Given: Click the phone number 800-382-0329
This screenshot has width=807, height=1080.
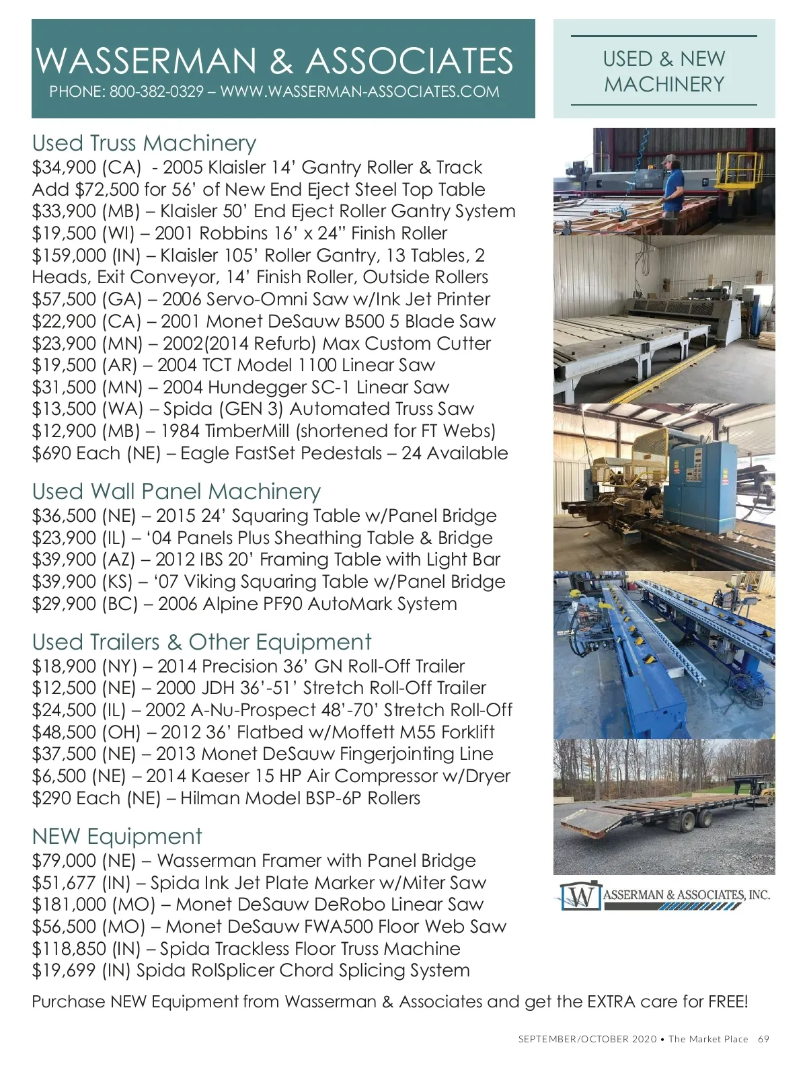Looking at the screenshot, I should click(x=156, y=91).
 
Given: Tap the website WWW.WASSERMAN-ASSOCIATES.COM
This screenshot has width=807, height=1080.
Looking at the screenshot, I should click(x=360, y=91).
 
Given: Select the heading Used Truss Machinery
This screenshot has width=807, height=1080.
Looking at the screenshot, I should click(x=144, y=143).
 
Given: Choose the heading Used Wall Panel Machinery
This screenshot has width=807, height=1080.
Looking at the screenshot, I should click(x=176, y=492).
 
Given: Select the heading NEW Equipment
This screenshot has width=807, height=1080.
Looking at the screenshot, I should click(x=117, y=837).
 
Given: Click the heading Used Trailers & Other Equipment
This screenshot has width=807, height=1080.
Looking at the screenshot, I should click(x=201, y=642).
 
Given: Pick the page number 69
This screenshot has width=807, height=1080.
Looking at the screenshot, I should click(x=763, y=1039).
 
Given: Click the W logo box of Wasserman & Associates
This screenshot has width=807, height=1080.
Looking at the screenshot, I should click(x=580, y=896).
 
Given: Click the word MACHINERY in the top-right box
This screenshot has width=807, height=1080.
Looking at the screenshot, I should click(x=664, y=85).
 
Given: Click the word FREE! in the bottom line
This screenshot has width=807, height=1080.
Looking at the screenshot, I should click(x=728, y=1002).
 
